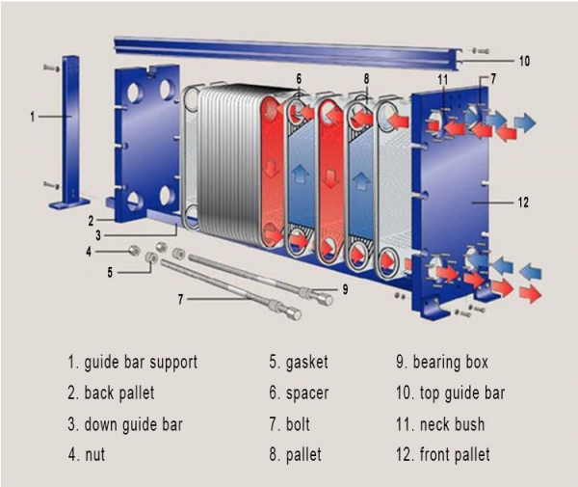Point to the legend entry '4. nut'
click(x=86, y=454)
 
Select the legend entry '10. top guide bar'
click(x=451, y=393)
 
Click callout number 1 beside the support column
click(x=33, y=116)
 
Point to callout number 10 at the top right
click(x=524, y=61)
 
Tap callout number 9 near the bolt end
click(x=345, y=287)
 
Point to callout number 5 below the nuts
click(x=110, y=272)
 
